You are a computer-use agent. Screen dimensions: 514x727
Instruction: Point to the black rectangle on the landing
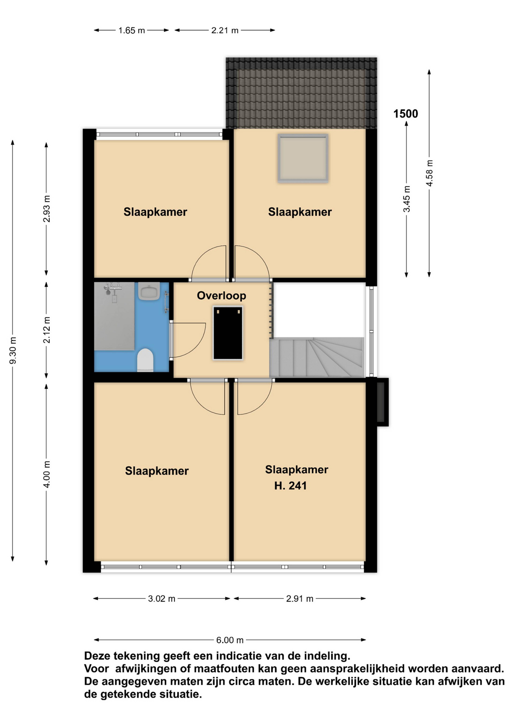point(228,333)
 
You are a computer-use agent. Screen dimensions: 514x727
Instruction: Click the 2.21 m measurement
point(225,30)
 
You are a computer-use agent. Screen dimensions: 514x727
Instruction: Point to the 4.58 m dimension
point(430,173)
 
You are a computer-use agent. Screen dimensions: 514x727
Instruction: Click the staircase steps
point(317,357)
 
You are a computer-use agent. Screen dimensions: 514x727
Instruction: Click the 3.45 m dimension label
point(407,199)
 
